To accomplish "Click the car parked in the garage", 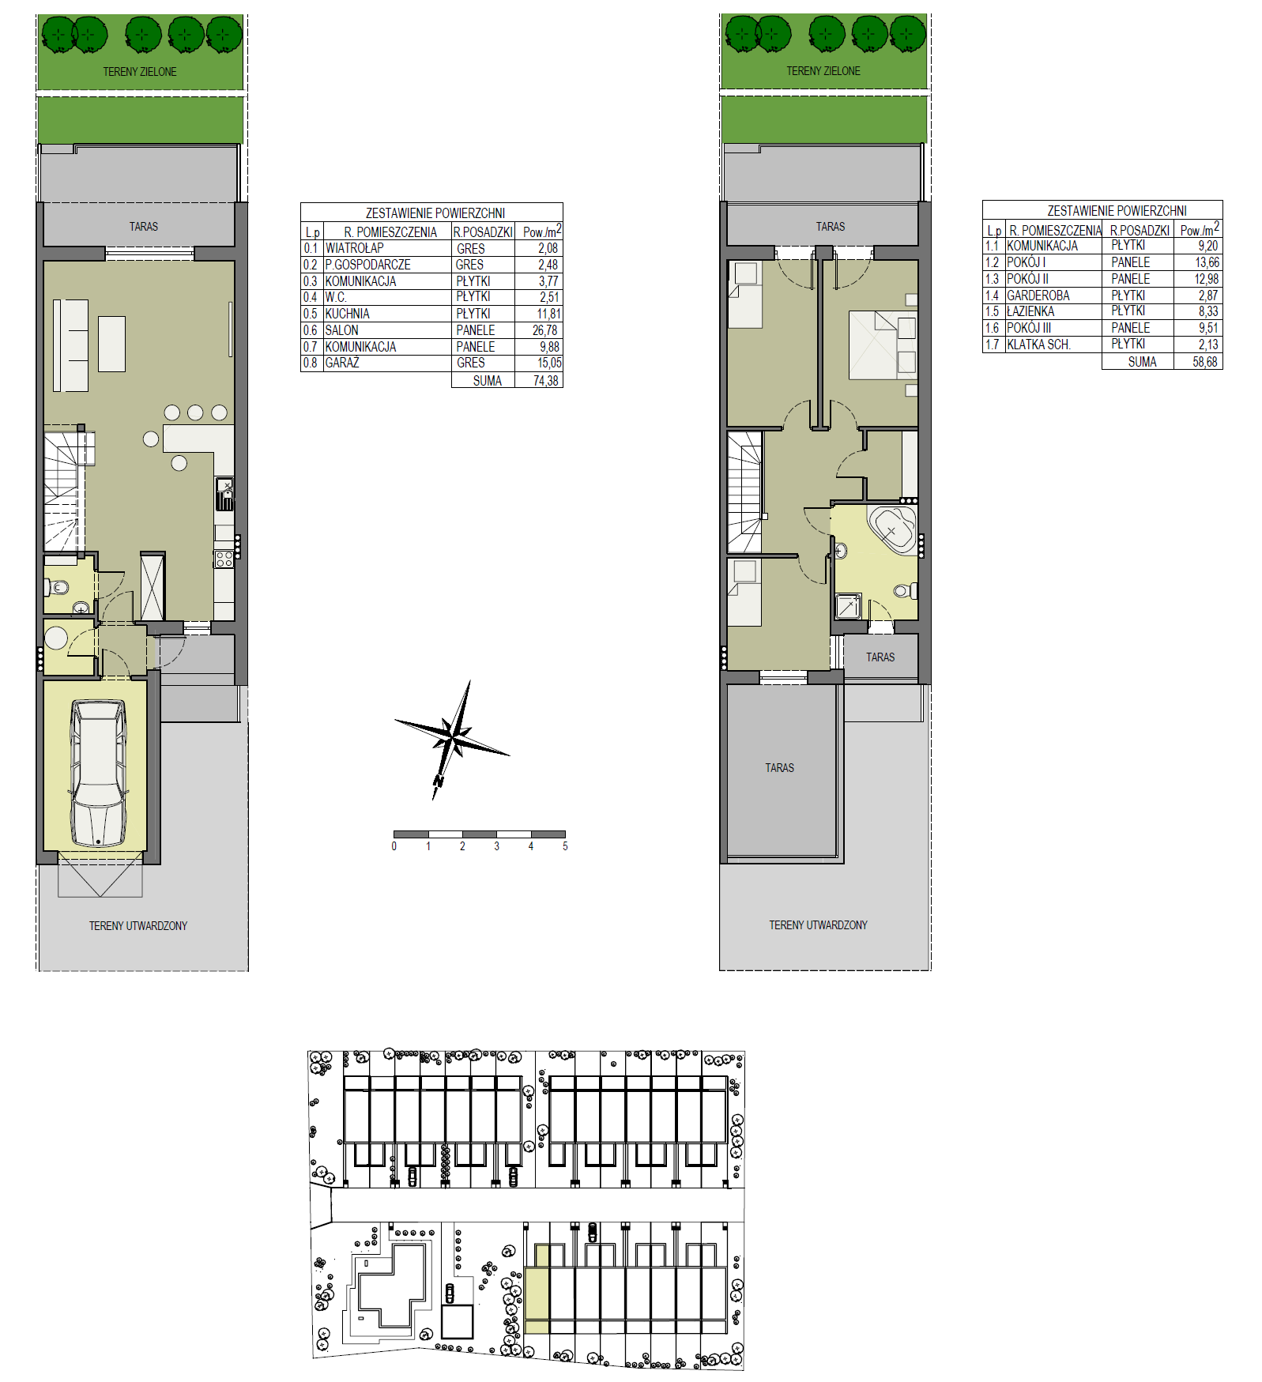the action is (99, 773).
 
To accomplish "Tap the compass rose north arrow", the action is (452, 740).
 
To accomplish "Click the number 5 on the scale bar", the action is (565, 846).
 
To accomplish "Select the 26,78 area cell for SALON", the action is (544, 330).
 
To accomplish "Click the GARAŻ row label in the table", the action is (342, 363).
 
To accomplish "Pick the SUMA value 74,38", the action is (545, 381).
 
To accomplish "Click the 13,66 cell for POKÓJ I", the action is (1207, 262).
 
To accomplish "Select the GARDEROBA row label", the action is (1038, 296).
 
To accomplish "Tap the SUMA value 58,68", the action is (1205, 362).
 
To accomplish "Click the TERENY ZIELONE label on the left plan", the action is (140, 72).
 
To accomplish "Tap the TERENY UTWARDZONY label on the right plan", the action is (818, 925).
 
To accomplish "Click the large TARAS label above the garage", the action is (779, 768).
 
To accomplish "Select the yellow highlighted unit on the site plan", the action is (537, 1290).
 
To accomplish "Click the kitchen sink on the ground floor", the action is (224, 494).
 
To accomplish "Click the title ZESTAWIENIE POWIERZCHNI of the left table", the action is (435, 213).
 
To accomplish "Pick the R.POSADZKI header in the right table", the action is (1140, 230).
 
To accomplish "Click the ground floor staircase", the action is (63, 490).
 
